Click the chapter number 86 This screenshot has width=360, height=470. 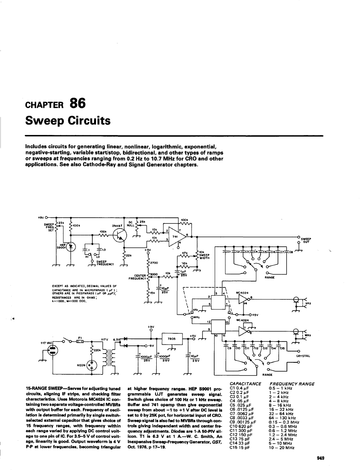pos(78,104)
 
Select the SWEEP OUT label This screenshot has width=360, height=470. pos(307,240)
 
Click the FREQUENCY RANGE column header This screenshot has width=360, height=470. pos(292,384)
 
